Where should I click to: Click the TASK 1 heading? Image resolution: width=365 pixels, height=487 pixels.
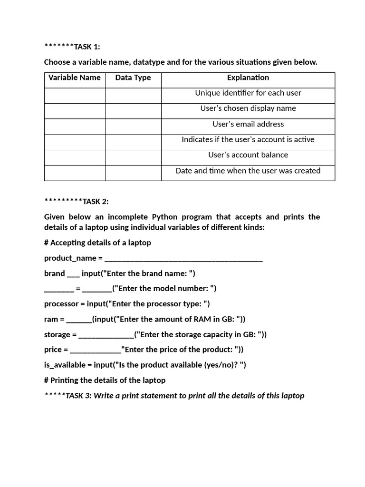click(72, 47)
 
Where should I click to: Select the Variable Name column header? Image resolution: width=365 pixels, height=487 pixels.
click(75, 78)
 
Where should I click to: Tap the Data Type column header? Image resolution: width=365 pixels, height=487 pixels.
click(133, 78)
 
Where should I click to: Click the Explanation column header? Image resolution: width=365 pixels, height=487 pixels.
click(248, 78)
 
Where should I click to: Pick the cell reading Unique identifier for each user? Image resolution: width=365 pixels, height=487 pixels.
click(248, 93)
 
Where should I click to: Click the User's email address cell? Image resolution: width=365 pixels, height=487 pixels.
click(248, 124)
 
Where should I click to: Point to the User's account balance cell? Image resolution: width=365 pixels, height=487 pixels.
click(248, 155)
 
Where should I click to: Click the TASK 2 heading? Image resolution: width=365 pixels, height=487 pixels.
click(77, 201)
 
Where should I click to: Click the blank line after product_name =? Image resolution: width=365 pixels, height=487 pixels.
click(183, 259)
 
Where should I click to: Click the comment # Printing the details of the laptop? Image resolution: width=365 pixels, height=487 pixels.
click(105, 380)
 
